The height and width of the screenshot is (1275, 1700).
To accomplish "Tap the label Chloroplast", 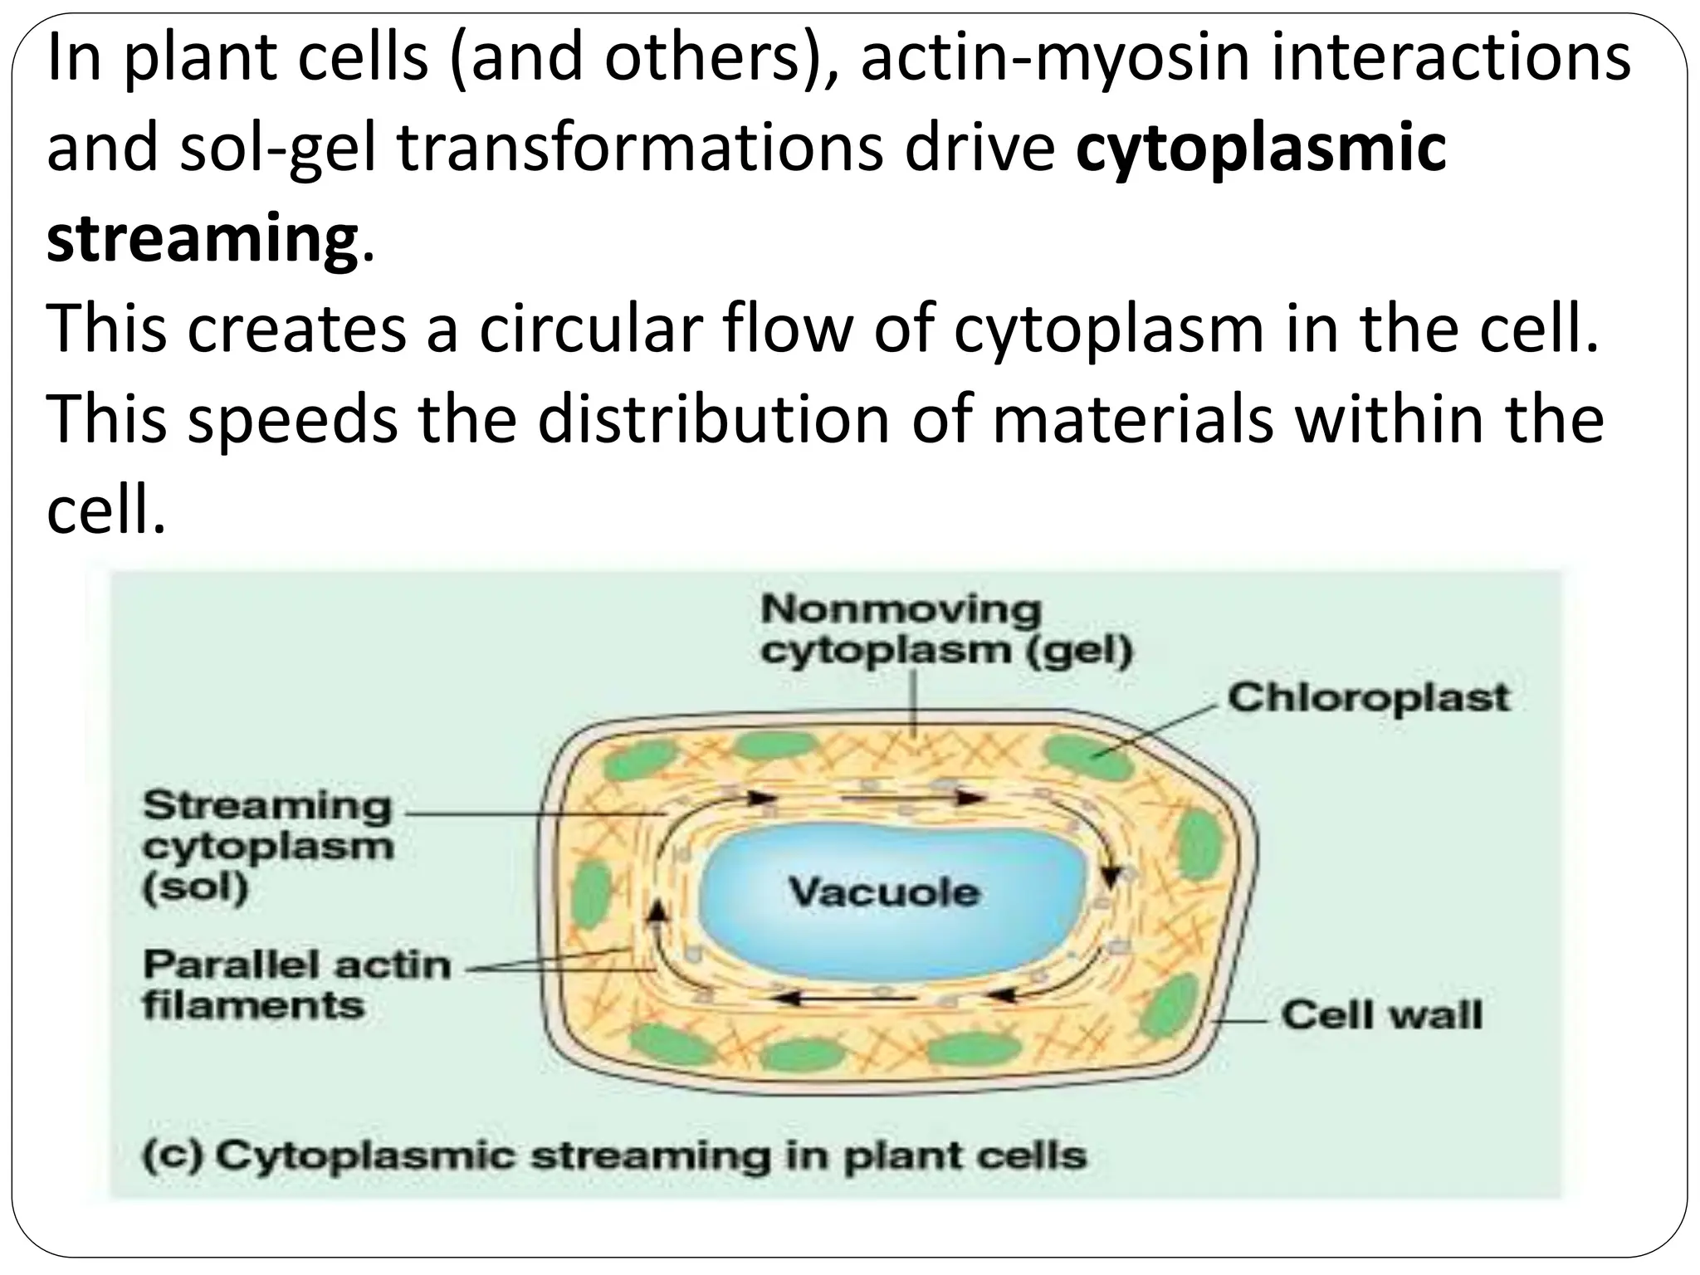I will click(1368, 698).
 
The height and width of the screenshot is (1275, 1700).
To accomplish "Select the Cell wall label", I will click(1380, 1014).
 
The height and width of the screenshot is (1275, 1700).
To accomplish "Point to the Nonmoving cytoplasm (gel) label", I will click(946, 630).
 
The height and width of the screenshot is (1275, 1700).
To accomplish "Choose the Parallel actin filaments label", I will click(296, 985).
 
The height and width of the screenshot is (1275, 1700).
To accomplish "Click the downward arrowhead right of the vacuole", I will click(1111, 876).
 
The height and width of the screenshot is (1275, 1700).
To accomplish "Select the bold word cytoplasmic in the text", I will click(1260, 148).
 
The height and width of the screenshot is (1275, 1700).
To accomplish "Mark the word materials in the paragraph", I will click(1132, 420).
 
